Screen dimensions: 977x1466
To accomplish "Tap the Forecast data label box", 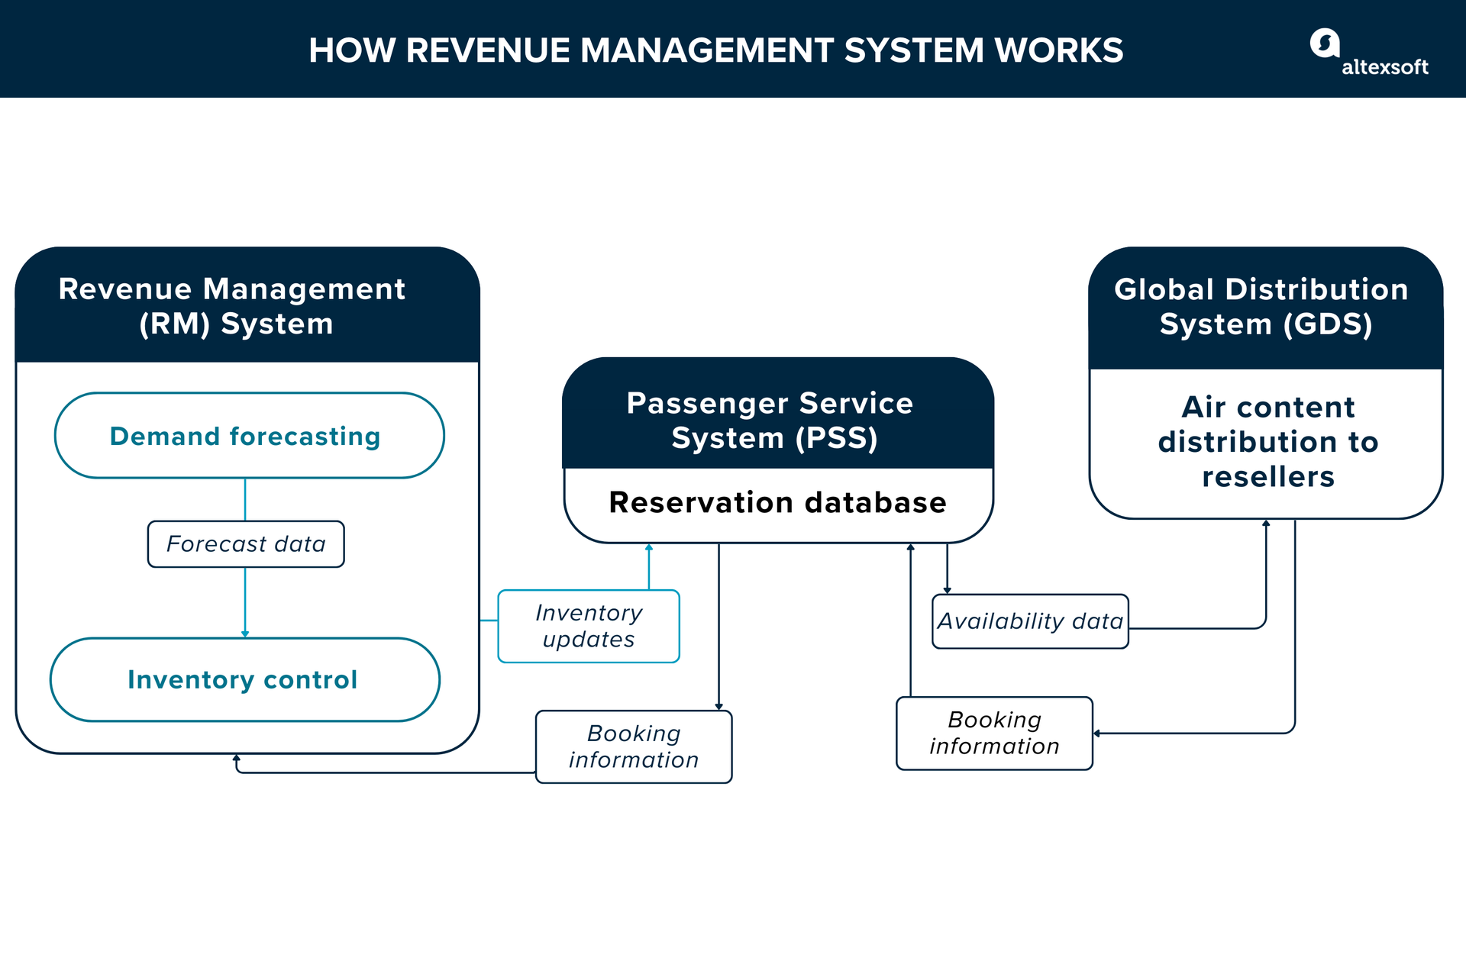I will point(246,544).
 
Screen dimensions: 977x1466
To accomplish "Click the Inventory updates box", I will point(589,626).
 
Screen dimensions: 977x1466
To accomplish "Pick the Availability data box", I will point(1030,621).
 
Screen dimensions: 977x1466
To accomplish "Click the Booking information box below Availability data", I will point(994,733).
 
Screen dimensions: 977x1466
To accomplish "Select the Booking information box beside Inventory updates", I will point(634,746).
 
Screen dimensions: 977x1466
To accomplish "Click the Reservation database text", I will point(777,502).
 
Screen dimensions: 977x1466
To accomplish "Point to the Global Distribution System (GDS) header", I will point(1264,306).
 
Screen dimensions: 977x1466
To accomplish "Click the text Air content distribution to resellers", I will point(1267,442).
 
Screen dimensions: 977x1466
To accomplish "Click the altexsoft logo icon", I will point(1325,43).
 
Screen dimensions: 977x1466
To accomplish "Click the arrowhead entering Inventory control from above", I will point(245,634).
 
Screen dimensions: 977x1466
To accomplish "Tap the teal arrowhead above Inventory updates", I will point(649,547).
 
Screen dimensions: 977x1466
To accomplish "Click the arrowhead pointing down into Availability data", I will point(947,590).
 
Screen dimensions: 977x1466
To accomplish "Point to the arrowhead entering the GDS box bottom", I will point(1266,524).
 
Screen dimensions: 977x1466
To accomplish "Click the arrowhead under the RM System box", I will point(237,758).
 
